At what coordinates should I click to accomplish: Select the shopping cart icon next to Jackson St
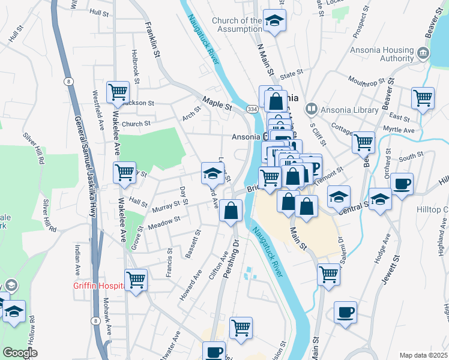click(x=118, y=93)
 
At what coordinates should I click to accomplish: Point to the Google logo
click(x=20, y=353)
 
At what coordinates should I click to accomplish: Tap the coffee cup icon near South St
click(x=402, y=184)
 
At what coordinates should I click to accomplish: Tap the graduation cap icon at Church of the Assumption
click(x=275, y=21)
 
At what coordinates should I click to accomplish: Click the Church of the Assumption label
click(x=237, y=25)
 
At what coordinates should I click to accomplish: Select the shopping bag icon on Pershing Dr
click(x=231, y=211)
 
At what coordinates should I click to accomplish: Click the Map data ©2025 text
click(x=423, y=355)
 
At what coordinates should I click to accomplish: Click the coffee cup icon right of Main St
click(x=345, y=313)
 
